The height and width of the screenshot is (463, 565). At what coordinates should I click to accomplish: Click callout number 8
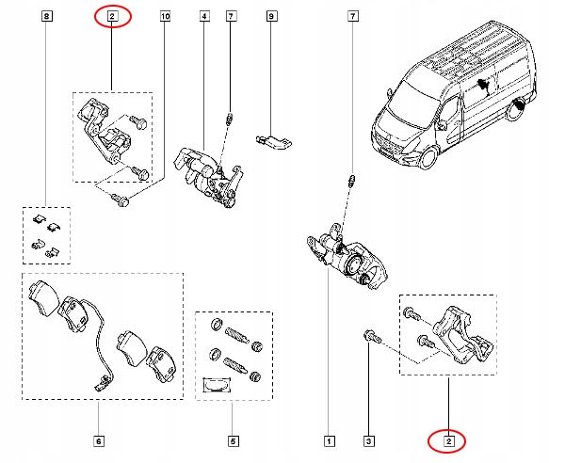pyautogui.click(x=47, y=17)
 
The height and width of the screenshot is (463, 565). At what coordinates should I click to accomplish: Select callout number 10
pyautogui.click(x=166, y=17)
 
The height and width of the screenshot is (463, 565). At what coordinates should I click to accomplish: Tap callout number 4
pyautogui.click(x=203, y=17)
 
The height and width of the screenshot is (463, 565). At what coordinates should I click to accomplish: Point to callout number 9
pyautogui.click(x=270, y=17)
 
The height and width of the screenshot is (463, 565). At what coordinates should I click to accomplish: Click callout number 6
pyautogui.click(x=99, y=439)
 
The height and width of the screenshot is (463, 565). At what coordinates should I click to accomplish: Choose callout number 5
pyautogui.click(x=233, y=439)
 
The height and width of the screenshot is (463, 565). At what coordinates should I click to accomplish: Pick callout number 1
pyautogui.click(x=329, y=439)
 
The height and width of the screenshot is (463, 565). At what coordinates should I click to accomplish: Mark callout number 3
pyautogui.click(x=369, y=439)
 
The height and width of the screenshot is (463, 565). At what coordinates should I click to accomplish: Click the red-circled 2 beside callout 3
pyautogui.click(x=449, y=439)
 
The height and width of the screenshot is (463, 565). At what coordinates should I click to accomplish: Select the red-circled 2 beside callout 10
pyautogui.click(x=112, y=16)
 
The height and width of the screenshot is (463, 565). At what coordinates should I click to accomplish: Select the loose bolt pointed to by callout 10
pyautogui.click(x=121, y=198)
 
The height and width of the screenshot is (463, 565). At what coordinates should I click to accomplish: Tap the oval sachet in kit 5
pyautogui.click(x=218, y=382)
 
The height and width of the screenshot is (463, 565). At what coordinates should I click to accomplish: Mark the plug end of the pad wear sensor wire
pyautogui.click(x=99, y=383)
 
